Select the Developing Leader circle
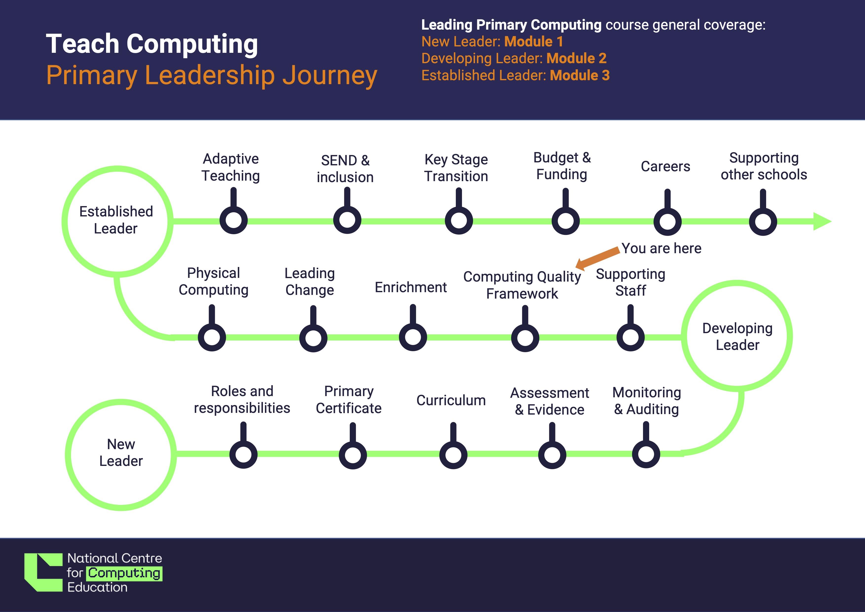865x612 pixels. coord(737,336)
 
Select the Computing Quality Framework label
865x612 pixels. coord(522,285)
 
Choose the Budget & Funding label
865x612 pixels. coord(562,166)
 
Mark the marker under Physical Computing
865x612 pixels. coord(212,337)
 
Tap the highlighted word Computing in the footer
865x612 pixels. coord(124,573)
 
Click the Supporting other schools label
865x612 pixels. coord(764,166)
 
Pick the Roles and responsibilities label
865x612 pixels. coord(242,400)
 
